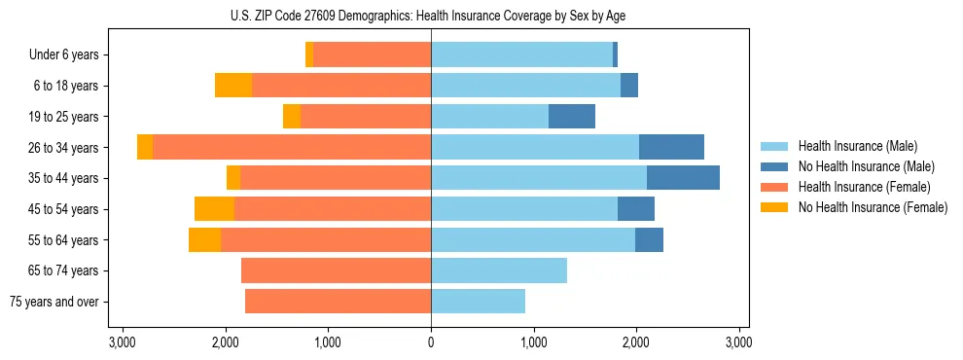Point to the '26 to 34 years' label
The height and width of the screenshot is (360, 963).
pyautogui.click(x=65, y=148)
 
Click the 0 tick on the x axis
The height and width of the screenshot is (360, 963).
pyautogui.click(x=431, y=342)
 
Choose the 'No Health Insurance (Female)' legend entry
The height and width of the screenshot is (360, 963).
pyautogui.click(x=873, y=207)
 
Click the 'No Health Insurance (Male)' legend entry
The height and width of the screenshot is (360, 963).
pyautogui.click(x=866, y=167)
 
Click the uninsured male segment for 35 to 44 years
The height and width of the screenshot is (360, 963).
pyautogui.click(x=683, y=178)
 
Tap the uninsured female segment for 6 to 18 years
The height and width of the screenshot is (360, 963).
pyautogui.click(x=233, y=86)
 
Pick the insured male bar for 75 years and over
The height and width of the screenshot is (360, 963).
pyautogui.click(x=478, y=302)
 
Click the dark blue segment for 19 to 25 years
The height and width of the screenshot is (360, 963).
pyautogui.click(x=572, y=117)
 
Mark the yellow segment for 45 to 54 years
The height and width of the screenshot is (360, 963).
pyautogui.click(x=214, y=209)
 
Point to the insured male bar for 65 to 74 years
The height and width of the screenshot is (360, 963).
pyautogui.click(x=499, y=270)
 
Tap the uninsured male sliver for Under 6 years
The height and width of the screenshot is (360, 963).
pyautogui.click(x=616, y=55)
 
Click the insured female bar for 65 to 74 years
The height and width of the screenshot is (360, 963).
pyautogui.click(x=336, y=270)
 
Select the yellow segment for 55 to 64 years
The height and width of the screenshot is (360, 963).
pyautogui.click(x=204, y=240)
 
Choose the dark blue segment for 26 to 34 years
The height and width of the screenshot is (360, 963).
pyautogui.click(x=671, y=147)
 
